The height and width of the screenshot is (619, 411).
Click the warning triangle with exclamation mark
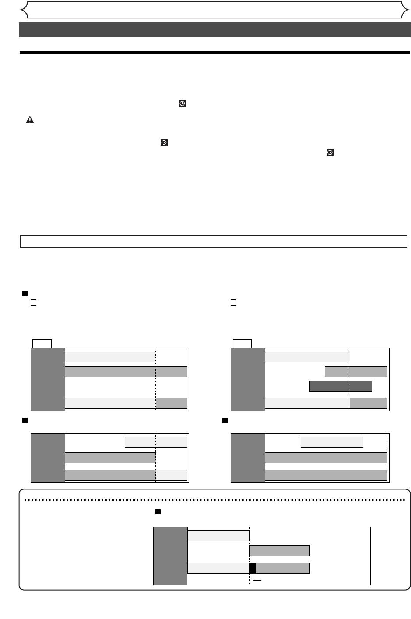pyautogui.click(x=30, y=120)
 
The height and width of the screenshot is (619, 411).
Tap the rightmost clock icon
pyautogui.click(x=330, y=152)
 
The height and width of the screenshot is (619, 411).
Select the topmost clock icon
pyautogui.click(x=182, y=103)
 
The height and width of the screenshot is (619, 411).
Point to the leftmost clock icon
pyautogui.click(x=164, y=142)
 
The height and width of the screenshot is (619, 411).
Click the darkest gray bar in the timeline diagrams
pyautogui.click(x=341, y=386)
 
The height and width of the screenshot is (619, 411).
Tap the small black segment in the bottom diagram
pyautogui.click(x=253, y=568)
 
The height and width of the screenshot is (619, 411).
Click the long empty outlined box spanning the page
pyautogui.click(x=214, y=241)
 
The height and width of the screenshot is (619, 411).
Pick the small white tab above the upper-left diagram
pyautogui.click(x=42, y=343)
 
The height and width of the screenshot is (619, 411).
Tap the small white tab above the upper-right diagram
pyautogui.click(x=242, y=343)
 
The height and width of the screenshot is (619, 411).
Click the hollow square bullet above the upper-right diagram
pyautogui.click(x=234, y=302)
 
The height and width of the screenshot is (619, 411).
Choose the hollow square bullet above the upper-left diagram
pyautogui.click(x=33, y=302)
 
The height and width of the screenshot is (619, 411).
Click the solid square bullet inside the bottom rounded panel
pyautogui.click(x=158, y=512)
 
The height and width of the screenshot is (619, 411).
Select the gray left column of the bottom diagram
pyautogui.click(x=170, y=556)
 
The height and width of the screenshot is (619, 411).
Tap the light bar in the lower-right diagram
pyautogui.click(x=332, y=443)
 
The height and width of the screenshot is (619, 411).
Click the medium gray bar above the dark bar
pyautogui.click(x=356, y=372)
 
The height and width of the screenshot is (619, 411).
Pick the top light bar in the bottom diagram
pyautogui.click(x=218, y=535)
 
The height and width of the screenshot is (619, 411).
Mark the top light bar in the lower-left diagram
pyautogui.click(x=156, y=443)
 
